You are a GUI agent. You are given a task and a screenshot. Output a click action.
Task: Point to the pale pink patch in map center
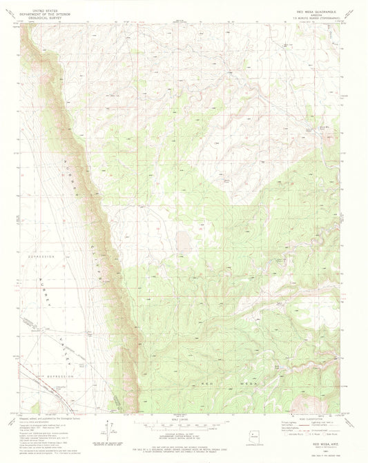pyautogui.click(x=183, y=240)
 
